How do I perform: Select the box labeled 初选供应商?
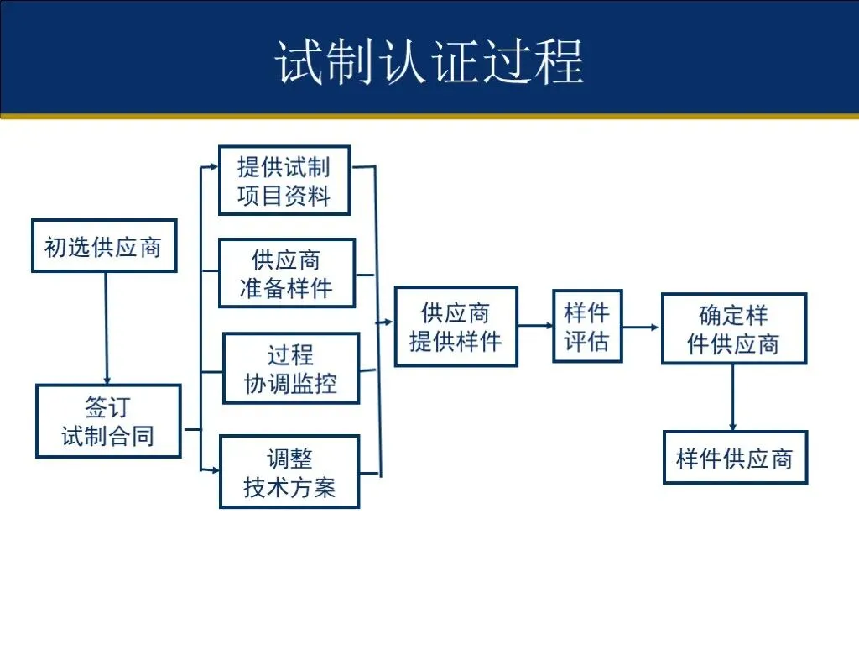(x=104, y=246)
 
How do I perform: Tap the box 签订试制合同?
(x=108, y=422)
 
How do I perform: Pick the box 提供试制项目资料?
(x=284, y=181)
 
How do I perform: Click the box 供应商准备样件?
(x=287, y=273)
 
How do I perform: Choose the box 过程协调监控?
(x=291, y=369)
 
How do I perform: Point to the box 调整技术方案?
(x=289, y=472)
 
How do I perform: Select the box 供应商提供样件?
(x=456, y=327)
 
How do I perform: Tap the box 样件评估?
(x=587, y=327)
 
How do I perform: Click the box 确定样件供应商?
(x=734, y=329)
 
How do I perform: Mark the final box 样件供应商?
(x=735, y=458)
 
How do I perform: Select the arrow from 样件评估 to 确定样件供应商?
(x=642, y=327)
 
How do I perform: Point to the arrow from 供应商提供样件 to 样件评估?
(x=535, y=325)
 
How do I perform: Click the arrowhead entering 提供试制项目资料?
(x=213, y=167)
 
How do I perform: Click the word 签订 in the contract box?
(x=108, y=408)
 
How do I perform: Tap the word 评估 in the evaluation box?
(x=587, y=342)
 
